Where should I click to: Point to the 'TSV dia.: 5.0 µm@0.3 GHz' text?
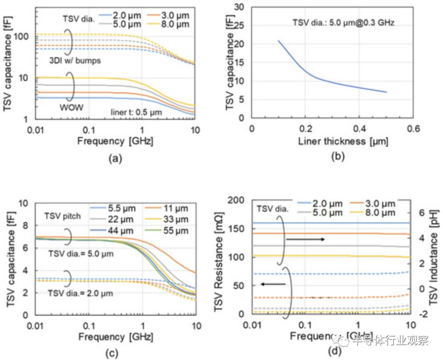coord(343,23)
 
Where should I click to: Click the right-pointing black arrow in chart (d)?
coord(305,239)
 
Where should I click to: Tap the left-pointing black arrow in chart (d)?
coord(273,284)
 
